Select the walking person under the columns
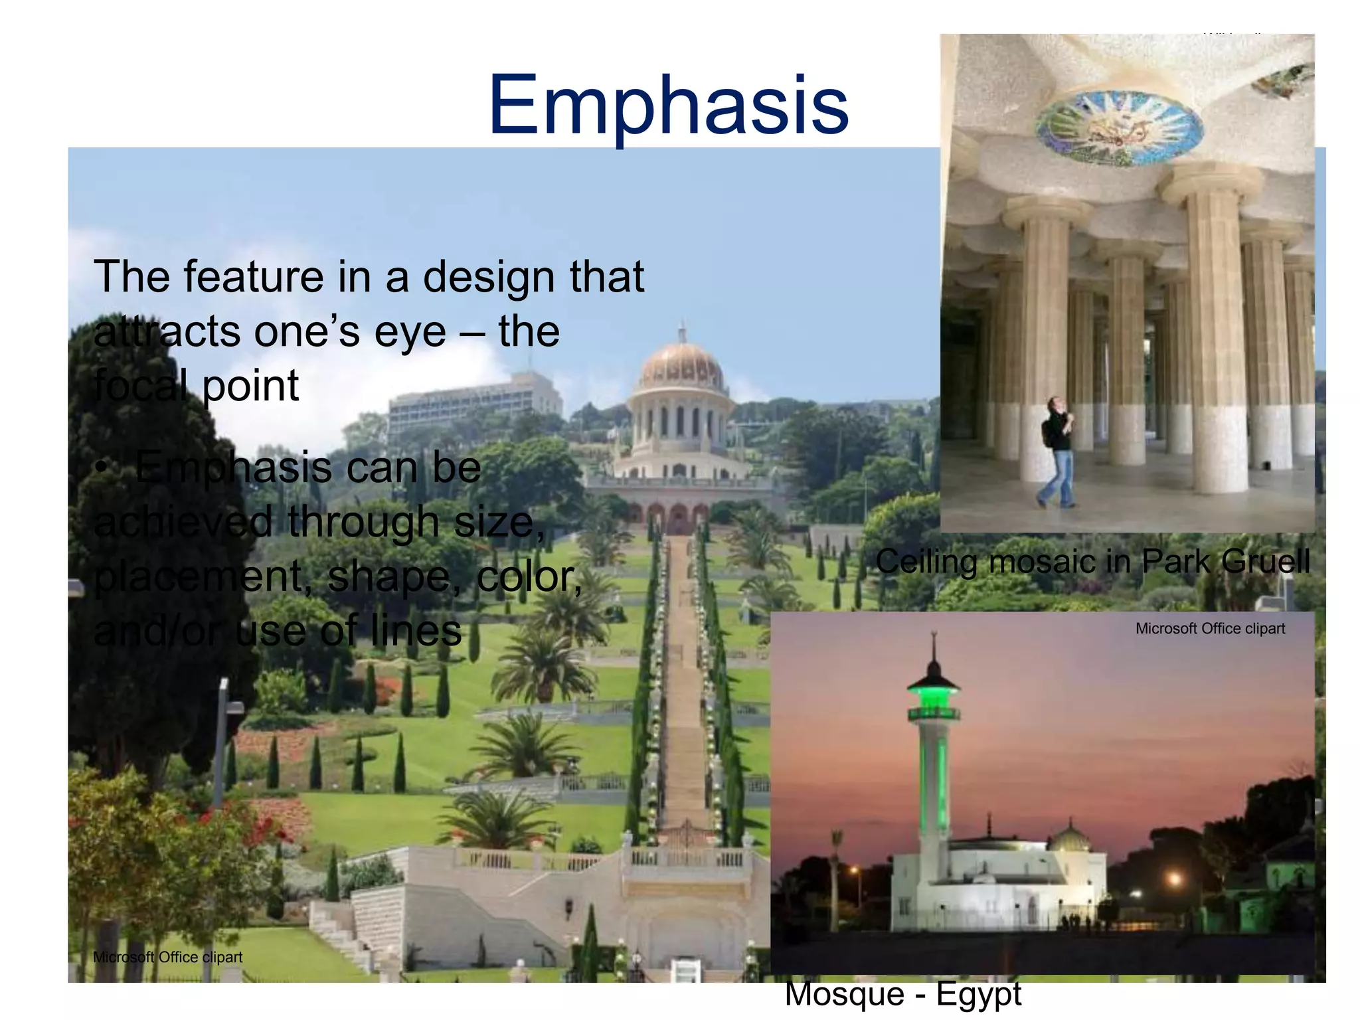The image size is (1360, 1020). [1057, 452]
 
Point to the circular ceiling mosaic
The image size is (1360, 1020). [1120, 126]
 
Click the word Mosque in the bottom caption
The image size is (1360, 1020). [843, 995]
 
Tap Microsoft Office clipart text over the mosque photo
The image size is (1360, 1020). [1210, 629]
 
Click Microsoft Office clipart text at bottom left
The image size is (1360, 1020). [167, 957]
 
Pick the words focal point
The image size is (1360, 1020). [197, 386]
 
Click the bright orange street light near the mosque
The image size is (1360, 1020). [1175, 881]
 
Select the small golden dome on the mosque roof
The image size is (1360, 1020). [1070, 839]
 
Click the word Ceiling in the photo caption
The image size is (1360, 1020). [926, 562]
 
